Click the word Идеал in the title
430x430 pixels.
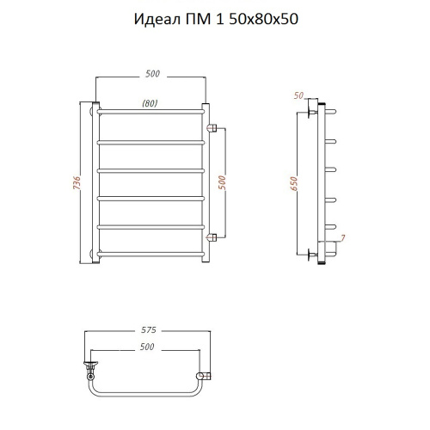(x=157, y=20)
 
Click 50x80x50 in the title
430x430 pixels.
(x=264, y=19)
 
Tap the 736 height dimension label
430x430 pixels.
(x=77, y=182)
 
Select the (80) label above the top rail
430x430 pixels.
(x=150, y=103)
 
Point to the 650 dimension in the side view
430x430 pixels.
(x=294, y=183)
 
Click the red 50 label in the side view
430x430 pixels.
(x=298, y=95)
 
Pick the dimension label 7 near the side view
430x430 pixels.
(x=343, y=237)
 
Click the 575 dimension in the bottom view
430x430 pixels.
(x=149, y=330)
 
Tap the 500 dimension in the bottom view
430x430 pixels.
(x=147, y=347)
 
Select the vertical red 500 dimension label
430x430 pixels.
(x=222, y=182)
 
